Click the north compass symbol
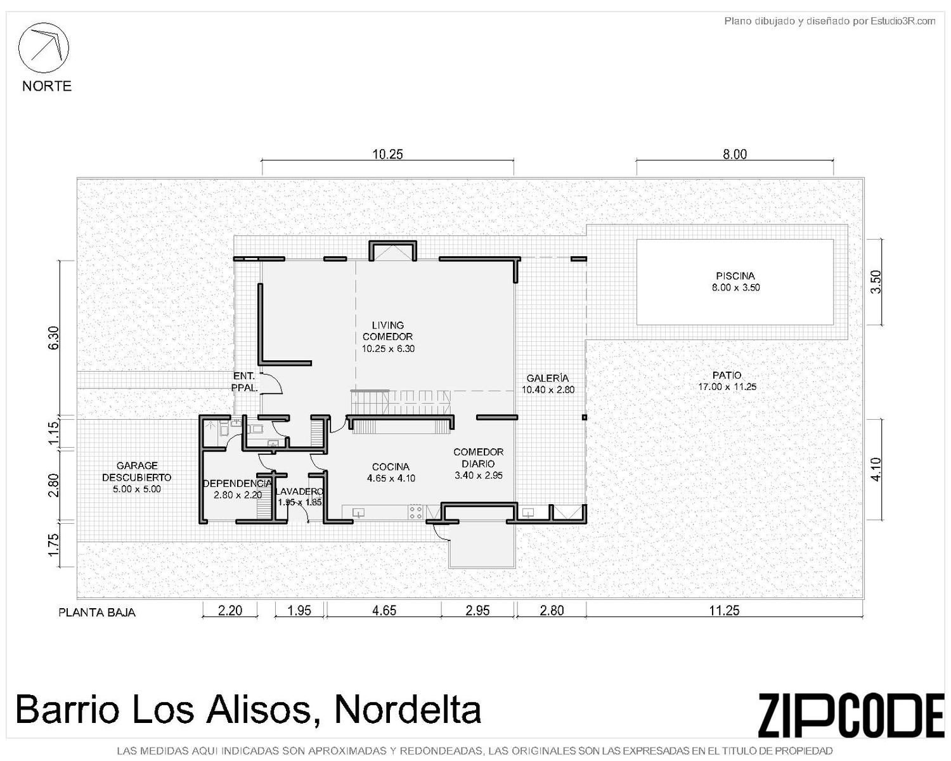(x=43, y=48)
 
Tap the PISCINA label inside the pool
(x=735, y=276)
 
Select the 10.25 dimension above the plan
(x=387, y=154)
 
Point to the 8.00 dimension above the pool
(x=734, y=154)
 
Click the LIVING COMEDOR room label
(x=387, y=331)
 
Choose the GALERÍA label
(x=548, y=378)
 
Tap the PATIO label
(x=727, y=375)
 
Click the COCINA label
(x=391, y=467)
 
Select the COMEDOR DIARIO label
(x=478, y=458)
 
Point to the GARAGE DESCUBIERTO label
(x=136, y=471)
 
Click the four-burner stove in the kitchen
(x=415, y=512)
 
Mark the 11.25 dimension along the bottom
(x=724, y=610)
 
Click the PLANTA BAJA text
(x=97, y=613)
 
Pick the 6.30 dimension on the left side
(x=53, y=338)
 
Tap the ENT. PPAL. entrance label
(x=244, y=382)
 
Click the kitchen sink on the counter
(x=358, y=513)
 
